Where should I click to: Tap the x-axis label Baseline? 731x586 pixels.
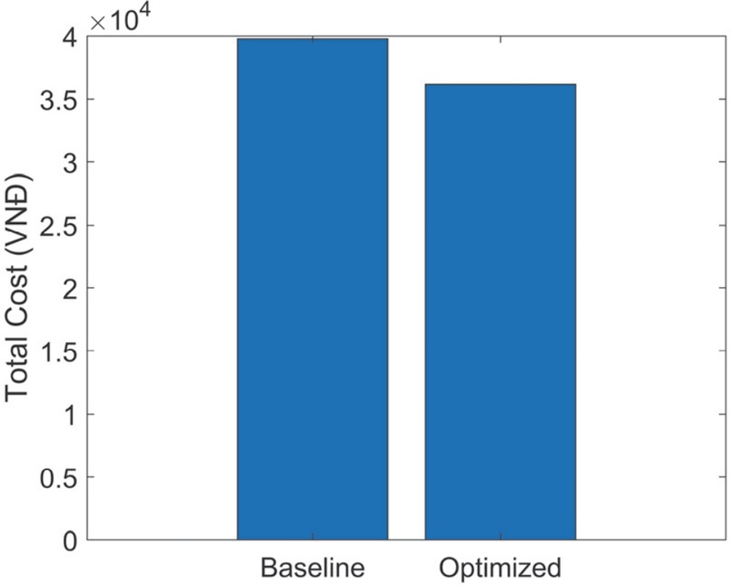[x=313, y=566]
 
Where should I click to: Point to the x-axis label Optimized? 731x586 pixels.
[x=500, y=566]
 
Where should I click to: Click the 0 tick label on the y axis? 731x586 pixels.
[x=69, y=540]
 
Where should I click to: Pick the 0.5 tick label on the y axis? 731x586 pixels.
[x=58, y=477]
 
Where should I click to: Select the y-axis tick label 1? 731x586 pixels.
[x=69, y=414]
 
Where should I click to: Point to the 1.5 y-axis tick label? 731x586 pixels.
[x=58, y=351]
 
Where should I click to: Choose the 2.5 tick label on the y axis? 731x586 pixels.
[x=58, y=225]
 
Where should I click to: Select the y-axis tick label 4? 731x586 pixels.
[x=69, y=37]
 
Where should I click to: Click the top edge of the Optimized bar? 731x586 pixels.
[x=500, y=84]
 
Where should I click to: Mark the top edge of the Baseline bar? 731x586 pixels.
[x=313, y=38]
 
